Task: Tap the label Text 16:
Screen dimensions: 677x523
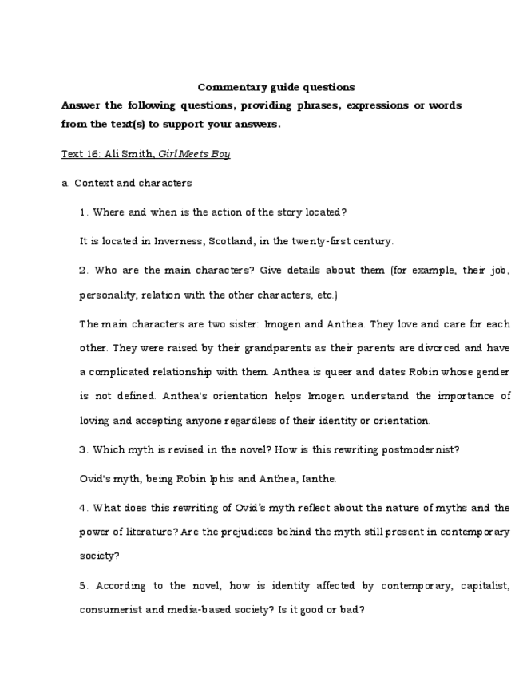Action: [x=81, y=154]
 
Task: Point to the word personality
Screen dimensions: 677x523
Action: [x=108, y=295]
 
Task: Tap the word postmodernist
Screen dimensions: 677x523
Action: [x=420, y=449]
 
